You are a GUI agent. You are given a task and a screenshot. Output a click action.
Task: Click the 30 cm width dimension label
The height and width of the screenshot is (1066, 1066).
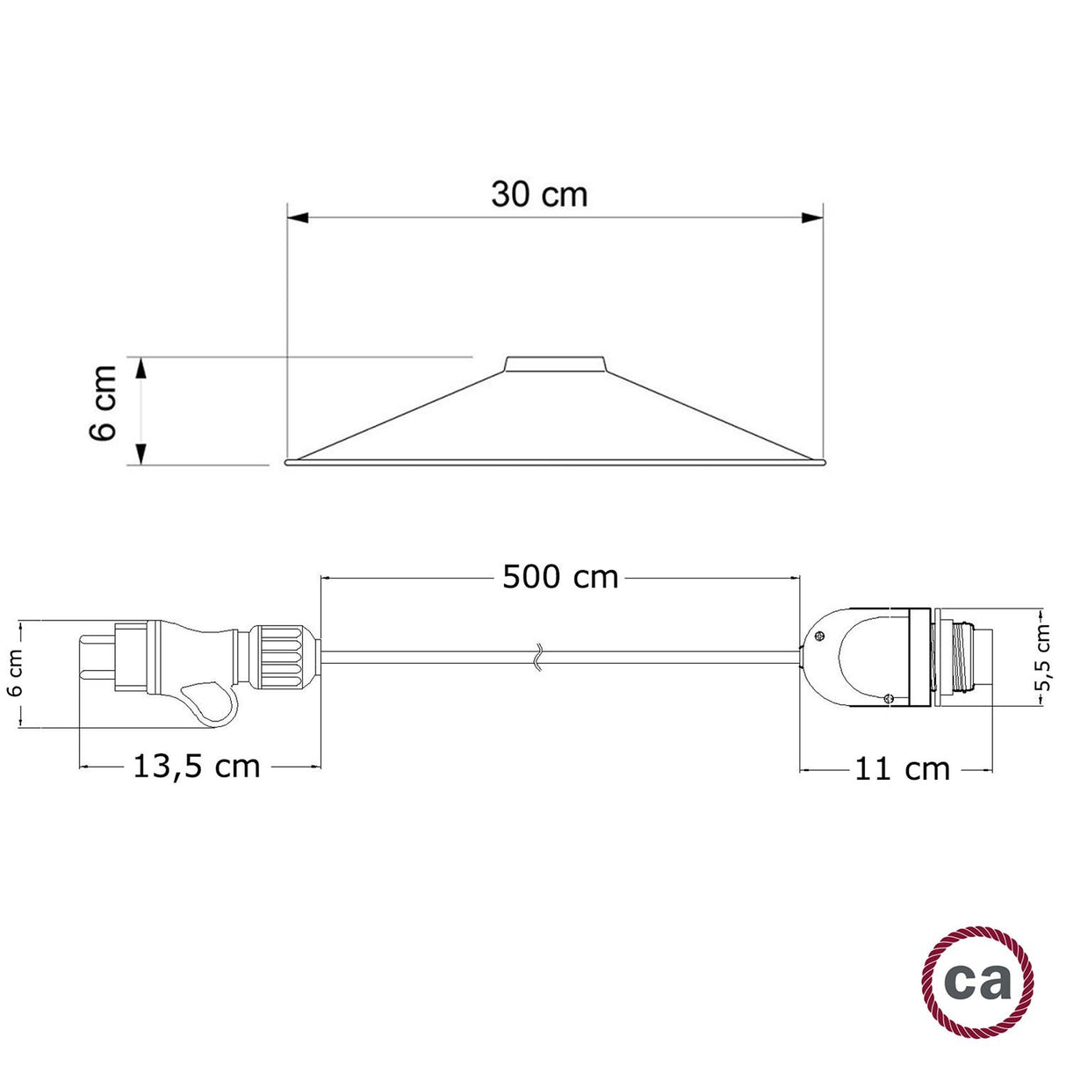538,194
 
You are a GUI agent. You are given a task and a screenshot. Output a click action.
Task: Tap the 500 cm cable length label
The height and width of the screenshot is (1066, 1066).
560,577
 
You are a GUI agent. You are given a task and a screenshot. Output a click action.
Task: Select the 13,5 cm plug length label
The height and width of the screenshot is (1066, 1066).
197,766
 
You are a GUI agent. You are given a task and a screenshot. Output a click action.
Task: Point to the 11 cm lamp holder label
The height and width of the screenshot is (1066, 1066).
902,769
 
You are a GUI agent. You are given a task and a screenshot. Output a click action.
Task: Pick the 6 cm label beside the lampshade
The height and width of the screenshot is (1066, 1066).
104,403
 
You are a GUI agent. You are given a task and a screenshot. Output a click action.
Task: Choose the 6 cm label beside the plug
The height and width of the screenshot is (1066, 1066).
15,674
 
